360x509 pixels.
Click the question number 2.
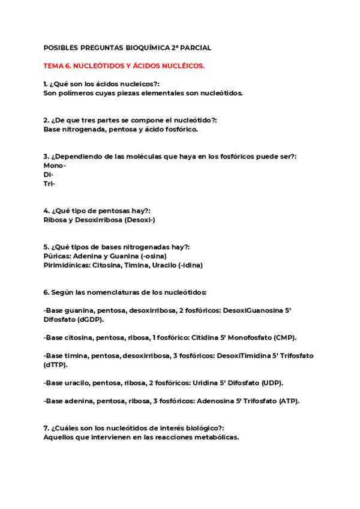pyautogui.click(x=46, y=120)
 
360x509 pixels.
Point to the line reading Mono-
pyautogui.click(x=55, y=165)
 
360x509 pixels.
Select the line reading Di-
pyautogui.click(x=49, y=174)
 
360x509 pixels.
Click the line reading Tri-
pyautogui.click(x=49, y=184)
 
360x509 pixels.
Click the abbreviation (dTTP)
pyautogui.click(x=55, y=364)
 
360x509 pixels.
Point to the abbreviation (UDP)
pyautogui.click(x=271, y=382)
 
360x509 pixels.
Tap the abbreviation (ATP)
pyautogui.click(x=289, y=400)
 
